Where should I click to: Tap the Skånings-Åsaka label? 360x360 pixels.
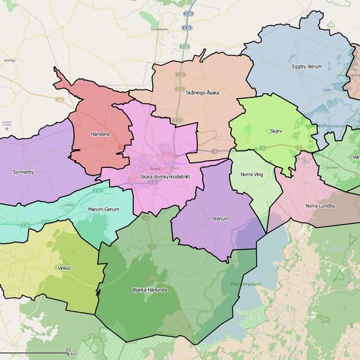(203, 93)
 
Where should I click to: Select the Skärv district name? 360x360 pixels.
(277, 131)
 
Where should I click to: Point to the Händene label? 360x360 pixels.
(101, 134)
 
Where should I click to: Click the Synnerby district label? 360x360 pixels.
(23, 172)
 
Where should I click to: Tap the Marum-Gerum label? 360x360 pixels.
(103, 209)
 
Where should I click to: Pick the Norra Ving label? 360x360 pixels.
(251, 175)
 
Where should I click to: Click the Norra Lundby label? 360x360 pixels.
(320, 206)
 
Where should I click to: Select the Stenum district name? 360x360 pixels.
(220, 218)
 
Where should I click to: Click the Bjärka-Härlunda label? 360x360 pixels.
(149, 290)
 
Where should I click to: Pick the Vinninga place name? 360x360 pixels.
(9, 60)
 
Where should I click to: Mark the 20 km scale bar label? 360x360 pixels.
(69, 349)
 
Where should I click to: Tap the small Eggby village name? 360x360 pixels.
(327, 89)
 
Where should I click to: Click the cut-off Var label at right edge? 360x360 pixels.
(356, 157)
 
